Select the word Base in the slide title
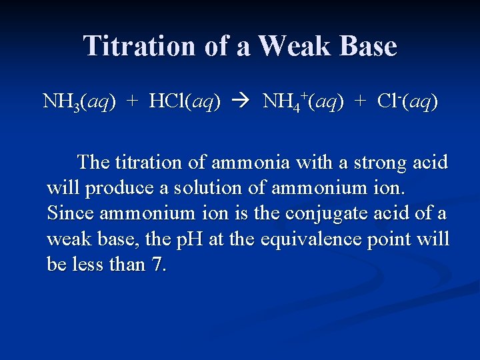pyautogui.click(x=368, y=46)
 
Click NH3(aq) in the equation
pyautogui.click(x=79, y=102)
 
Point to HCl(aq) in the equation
pyautogui.click(x=185, y=101)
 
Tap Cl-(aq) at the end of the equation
pyautogui.click(x=407, y=101)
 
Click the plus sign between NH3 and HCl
pyautogui.click(x=133, y=101)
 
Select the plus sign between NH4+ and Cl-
pyautogui.click(x=361, y=101)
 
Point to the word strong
pyautogui.click(x=387, y=162)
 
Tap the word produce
pyautogui.click(x=119, y=188)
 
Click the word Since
pyautogui.click(x=65, y=213)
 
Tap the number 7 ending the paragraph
pyautogui.click(x=158, y=265)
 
